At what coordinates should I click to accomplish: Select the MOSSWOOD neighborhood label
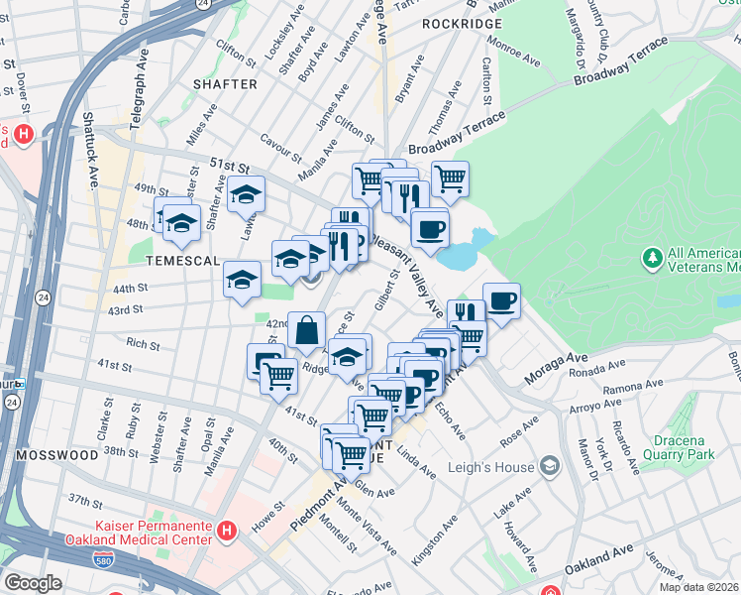click(x=55, y=454)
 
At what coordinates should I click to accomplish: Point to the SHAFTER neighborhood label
click(x=225, y=84)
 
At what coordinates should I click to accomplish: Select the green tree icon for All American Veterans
click(x=652, y=259)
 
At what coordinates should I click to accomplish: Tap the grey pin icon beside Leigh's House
click(x=549, y=465)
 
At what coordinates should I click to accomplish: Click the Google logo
click(x=33, y=583)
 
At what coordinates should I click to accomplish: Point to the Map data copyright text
click(x=699, y=587)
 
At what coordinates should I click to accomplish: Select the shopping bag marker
click(x=307, y=328)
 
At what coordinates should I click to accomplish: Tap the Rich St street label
click(x=143, y=344)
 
